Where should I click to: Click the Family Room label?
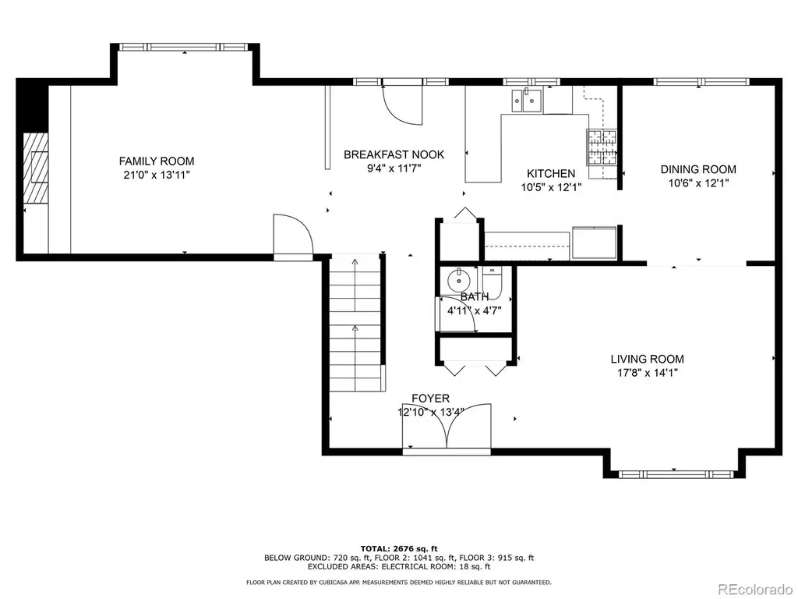(157, 161)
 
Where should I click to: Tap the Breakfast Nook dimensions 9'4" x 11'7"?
(394, 168)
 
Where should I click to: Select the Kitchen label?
(551, 174)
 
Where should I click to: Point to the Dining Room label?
(698, 169)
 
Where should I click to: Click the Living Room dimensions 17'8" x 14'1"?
(648, 373)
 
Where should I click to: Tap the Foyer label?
(430, 399)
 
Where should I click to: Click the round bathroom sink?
(459, 280)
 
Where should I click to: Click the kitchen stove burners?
(602, 147)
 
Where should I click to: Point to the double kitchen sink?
(527, 100)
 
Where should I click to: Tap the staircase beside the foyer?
(355, 324)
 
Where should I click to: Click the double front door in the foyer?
(447, 427)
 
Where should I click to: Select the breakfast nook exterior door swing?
(402, 105)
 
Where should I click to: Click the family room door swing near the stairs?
(293, 236)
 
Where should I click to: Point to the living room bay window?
(676, 474)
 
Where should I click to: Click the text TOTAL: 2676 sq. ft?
(399, 548)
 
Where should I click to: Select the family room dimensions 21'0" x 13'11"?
(157, 175)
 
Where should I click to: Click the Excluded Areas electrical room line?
(399, 566)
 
